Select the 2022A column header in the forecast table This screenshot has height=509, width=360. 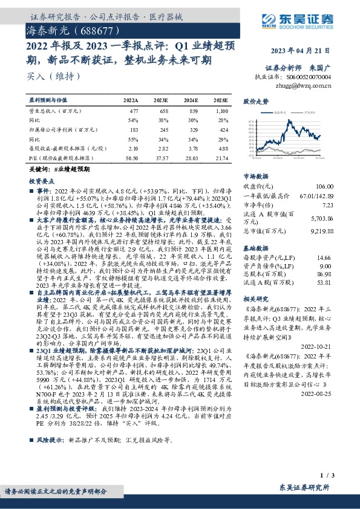coord(131,99)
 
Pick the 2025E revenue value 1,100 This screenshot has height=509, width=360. coord(221,112)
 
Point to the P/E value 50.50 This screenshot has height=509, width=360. coord(131,157)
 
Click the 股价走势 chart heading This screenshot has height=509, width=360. coord(255,102)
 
